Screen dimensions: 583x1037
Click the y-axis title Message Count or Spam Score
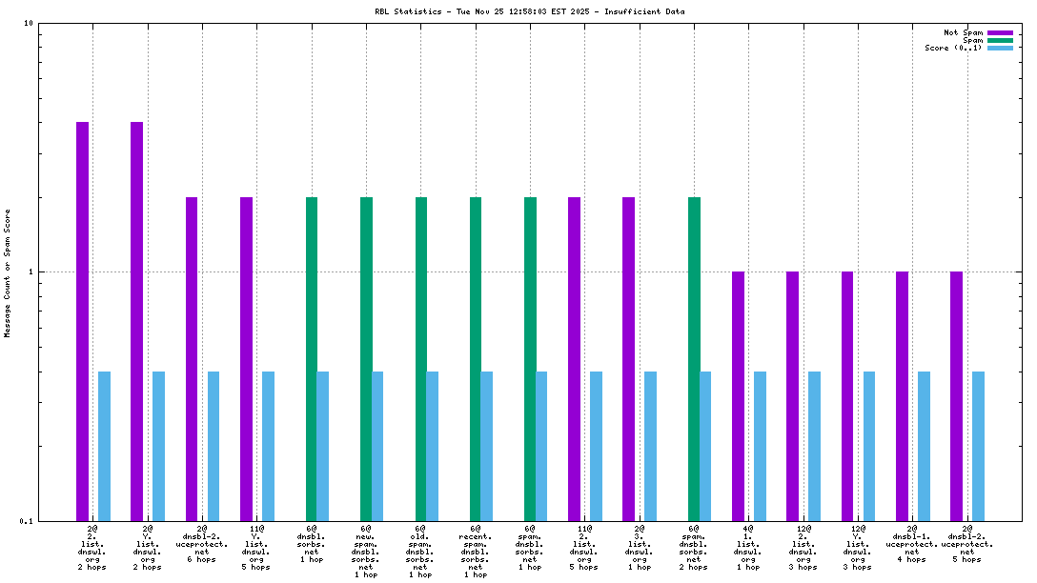tap(8, 273)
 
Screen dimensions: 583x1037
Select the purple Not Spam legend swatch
tap(1000, 32)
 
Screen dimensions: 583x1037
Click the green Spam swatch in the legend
tap(1000, 40)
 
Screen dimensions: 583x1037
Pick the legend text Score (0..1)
tap(953, 48)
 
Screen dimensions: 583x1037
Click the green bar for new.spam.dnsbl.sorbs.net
tap(366, 358)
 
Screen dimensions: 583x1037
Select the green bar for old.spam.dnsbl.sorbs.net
tap(421, 358)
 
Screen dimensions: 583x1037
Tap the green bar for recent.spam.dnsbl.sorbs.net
tap(476, 358)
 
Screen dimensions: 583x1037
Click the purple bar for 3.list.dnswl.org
tap(629, 358)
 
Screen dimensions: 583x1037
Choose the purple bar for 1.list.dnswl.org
tap(738, 395)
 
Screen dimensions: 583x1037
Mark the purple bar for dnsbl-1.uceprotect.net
tap(902, 395)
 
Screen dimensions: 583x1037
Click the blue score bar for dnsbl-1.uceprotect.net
tap(924, 446)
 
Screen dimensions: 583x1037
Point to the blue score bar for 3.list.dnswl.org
tap(651, 446)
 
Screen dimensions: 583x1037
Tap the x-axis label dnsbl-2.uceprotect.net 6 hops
tap(202, 543)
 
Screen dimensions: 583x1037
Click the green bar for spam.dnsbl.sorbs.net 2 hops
tap(694, 358)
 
